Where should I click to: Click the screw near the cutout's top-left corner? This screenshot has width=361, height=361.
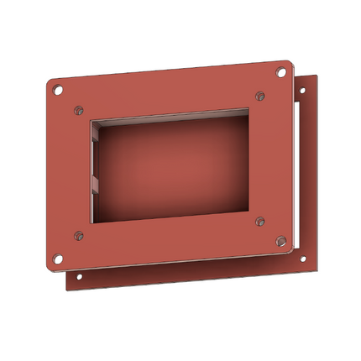tap(78, 109)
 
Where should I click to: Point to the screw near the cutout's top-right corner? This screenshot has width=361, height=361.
tap(259, 95)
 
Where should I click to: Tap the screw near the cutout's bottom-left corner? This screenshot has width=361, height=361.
tap(78, 236)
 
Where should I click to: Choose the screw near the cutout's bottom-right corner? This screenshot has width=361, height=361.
tap(260, 222)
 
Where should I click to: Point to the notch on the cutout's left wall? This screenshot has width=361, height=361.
tap(95, 180)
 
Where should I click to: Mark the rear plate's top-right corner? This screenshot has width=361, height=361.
tap(317, 75)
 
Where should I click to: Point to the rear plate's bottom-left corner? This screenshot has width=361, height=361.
tap(67, 290)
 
